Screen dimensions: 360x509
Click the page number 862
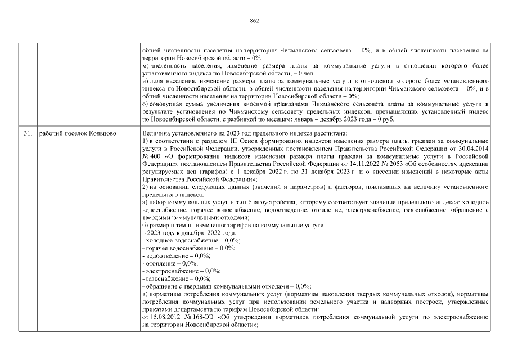[254, 21]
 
